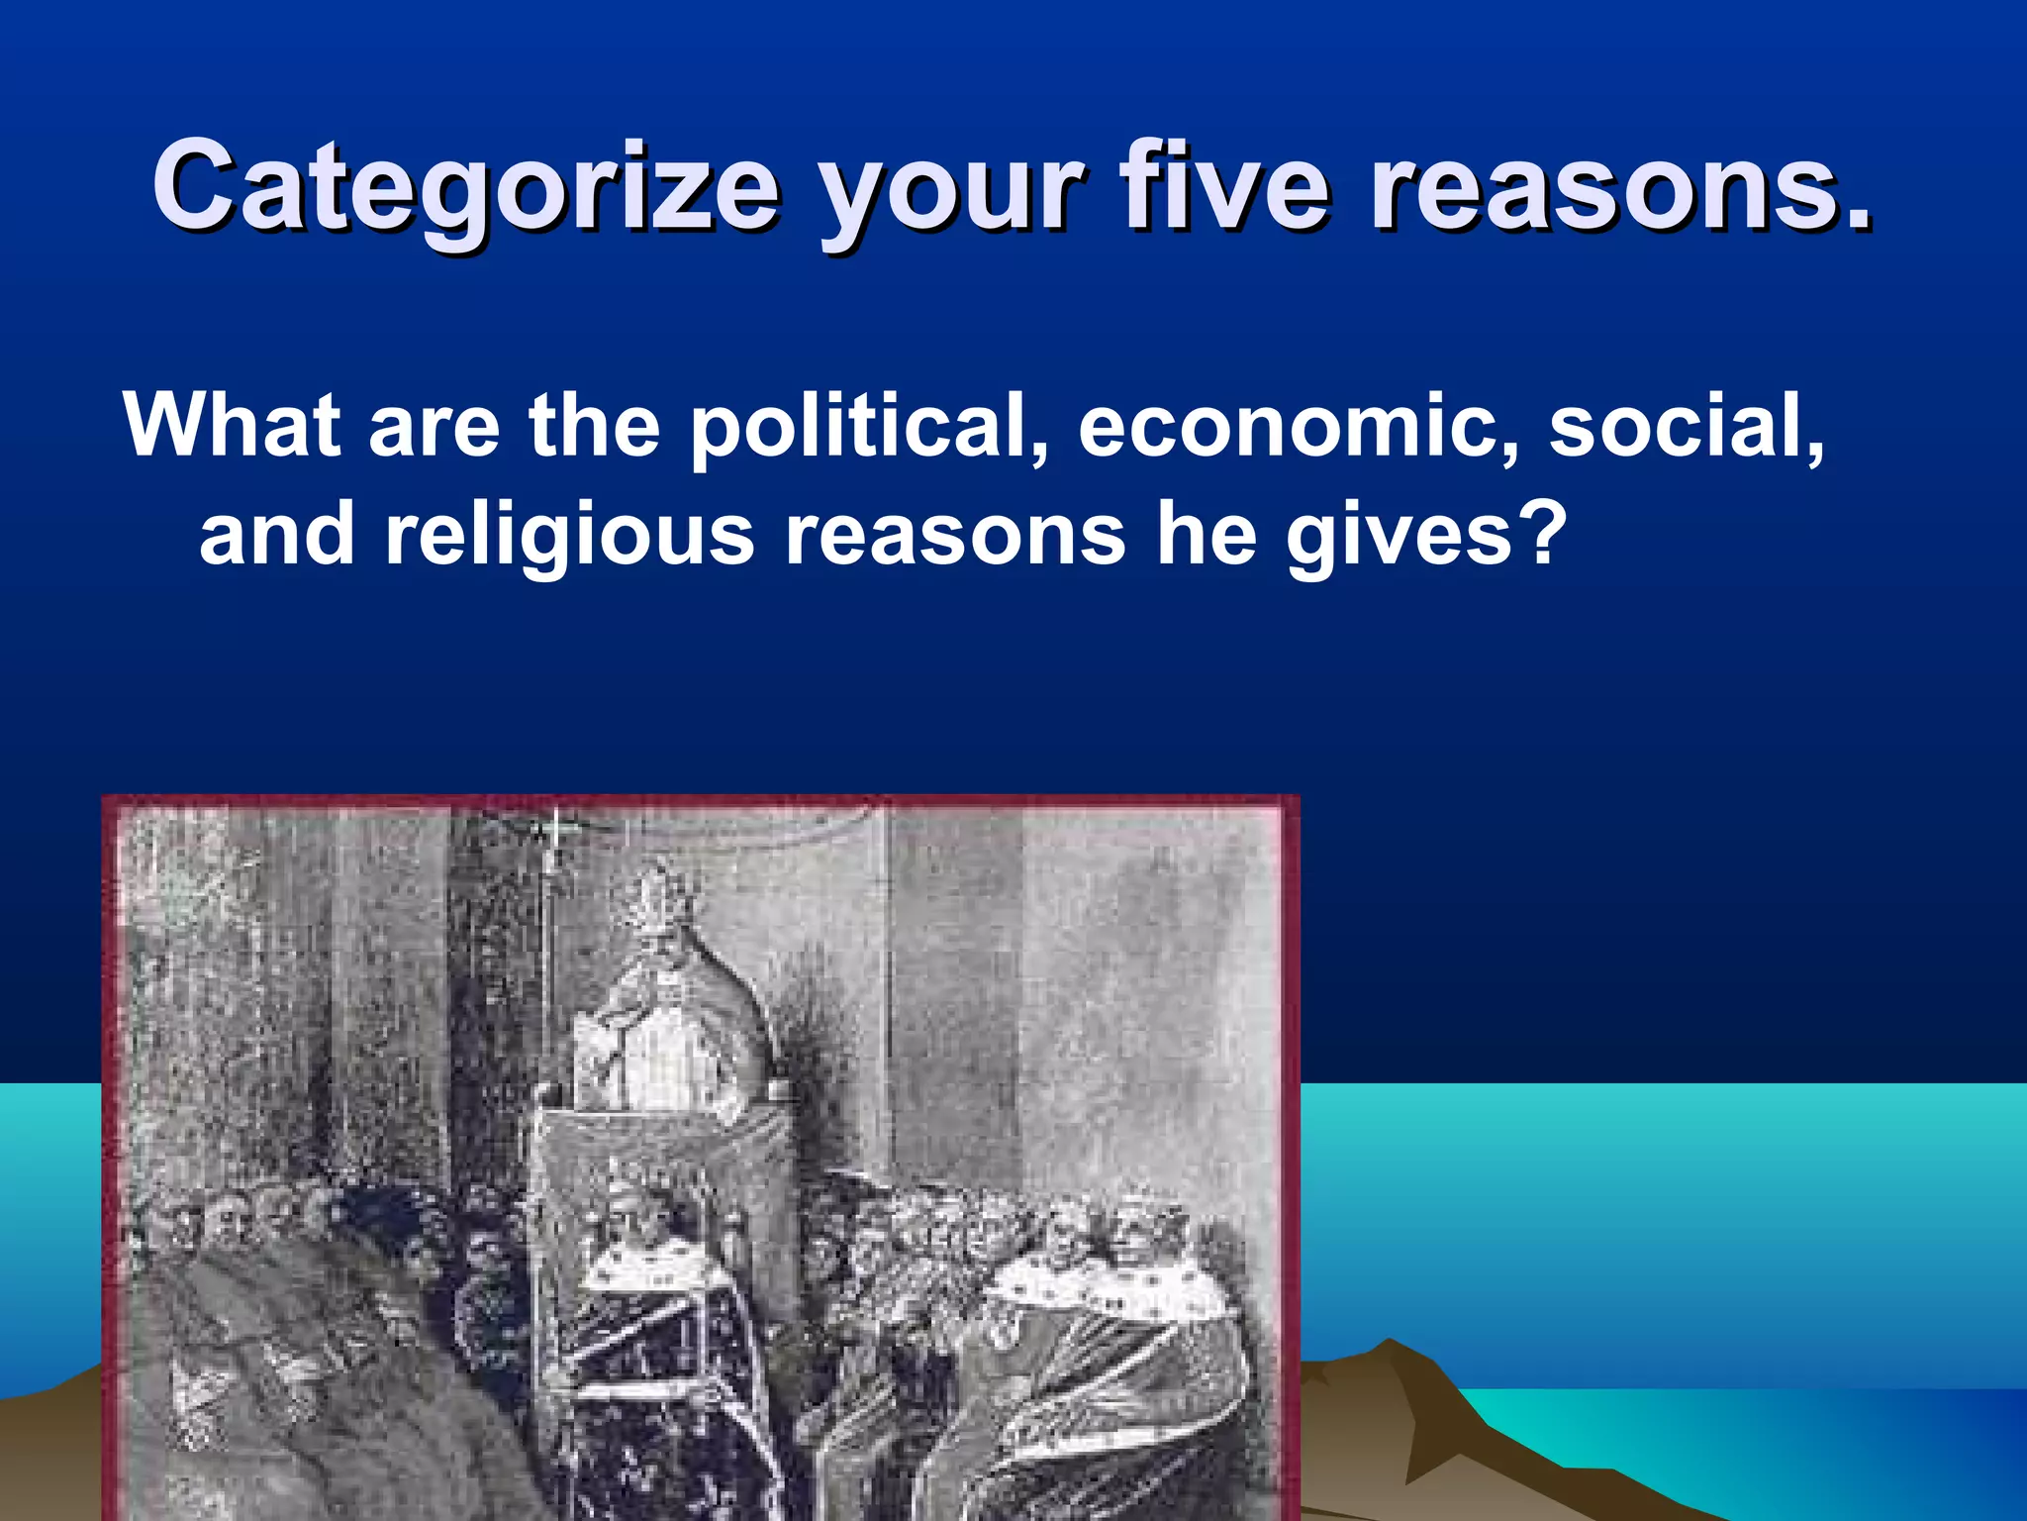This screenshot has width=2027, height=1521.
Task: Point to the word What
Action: [233, 425]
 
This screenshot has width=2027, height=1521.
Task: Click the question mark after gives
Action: [1540, 535]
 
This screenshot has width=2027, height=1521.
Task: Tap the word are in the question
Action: [434, 428]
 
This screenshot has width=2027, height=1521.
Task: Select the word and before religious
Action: [277, 535]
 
